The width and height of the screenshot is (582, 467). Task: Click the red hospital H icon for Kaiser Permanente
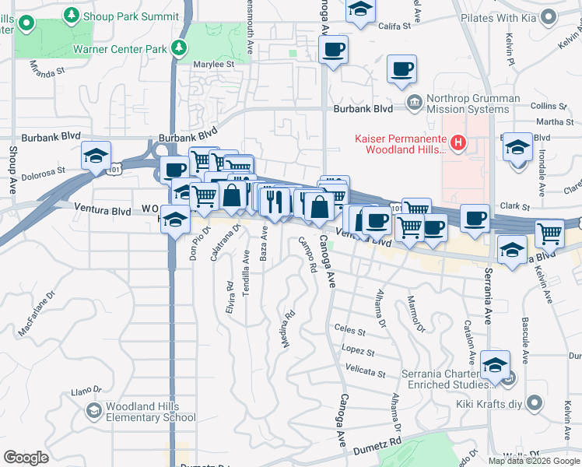458,142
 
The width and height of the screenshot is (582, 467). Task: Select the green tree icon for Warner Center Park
180,48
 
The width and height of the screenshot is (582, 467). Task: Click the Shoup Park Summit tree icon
72,15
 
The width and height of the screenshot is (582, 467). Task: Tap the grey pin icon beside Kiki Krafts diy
534,402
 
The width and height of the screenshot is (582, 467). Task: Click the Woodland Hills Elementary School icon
93,410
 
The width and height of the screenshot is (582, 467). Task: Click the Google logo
26,457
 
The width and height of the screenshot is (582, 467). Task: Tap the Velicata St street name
366,372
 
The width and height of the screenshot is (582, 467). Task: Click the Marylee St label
214,65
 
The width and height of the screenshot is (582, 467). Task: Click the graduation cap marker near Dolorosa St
96,156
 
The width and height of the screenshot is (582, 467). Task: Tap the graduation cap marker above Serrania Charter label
496,363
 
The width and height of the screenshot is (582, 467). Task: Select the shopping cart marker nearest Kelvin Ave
549,232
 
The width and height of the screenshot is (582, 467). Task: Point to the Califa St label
394,26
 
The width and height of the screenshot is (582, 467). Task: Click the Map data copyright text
535,461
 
